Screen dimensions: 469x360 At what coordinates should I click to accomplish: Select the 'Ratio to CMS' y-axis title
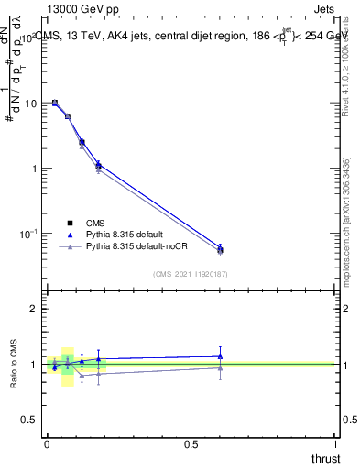(x=14, y=364)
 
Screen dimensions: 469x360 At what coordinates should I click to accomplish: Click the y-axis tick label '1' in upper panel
(x=34, y=169)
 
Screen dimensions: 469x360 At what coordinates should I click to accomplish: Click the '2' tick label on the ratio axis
(x=34, y=309)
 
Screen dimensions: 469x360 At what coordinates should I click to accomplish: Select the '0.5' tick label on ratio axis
(x=28, y=420)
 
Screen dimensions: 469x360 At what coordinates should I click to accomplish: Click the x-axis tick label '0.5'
(x=191, y=443)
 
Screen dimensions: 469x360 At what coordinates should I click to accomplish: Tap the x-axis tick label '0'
(x=46, y=443)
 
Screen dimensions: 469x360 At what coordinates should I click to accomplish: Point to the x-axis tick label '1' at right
(x=335, y=443)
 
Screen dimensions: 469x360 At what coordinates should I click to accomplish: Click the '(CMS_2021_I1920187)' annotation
(x=190, y=274)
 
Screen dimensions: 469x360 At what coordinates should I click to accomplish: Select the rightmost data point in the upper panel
(x=220, y=249)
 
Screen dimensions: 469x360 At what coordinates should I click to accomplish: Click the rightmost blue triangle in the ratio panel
(x=220, y=356)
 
